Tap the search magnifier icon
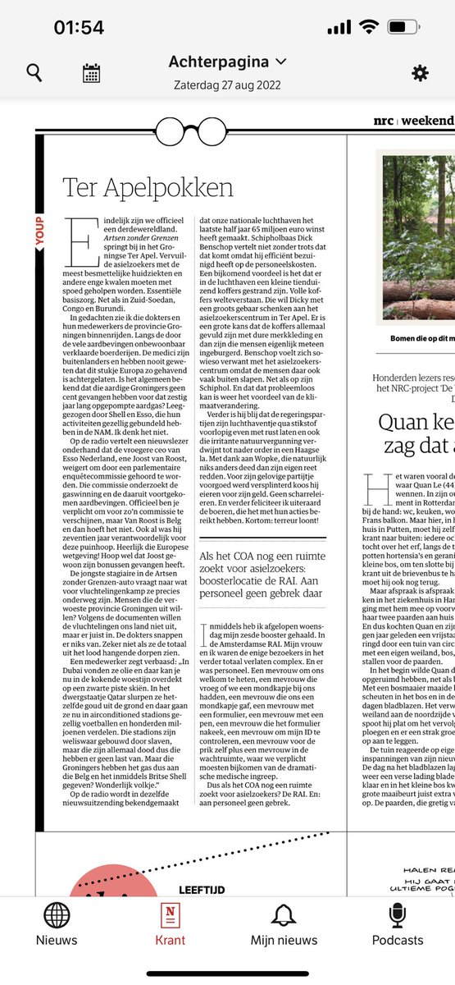[x=34, y=73]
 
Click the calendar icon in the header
[x=91, y=73]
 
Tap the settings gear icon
[x=420, y=73]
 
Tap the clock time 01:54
[x=79, y=28]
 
